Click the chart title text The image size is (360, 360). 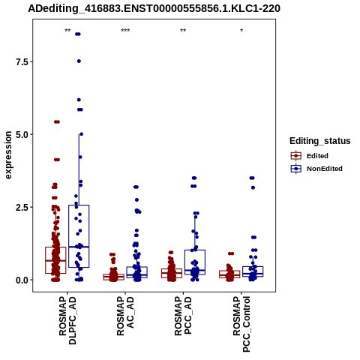[x=154, y=9]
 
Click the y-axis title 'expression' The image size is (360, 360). [x=8, y=155]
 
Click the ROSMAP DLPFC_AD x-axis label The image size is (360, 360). [x=67, y=320]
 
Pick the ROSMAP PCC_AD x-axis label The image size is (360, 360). [x=183, y=316]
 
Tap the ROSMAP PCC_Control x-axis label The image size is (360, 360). [x=241, y=324]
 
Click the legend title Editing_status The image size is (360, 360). [x=319, y=141]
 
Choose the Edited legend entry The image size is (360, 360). [x=317, y=156]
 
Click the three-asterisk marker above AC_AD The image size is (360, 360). [x=125, y=31]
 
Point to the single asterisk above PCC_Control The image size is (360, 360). [x=241, y=31]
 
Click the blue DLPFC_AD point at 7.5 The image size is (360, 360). [x=79, y=61]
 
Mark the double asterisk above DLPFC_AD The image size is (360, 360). [x=67, y=31]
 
